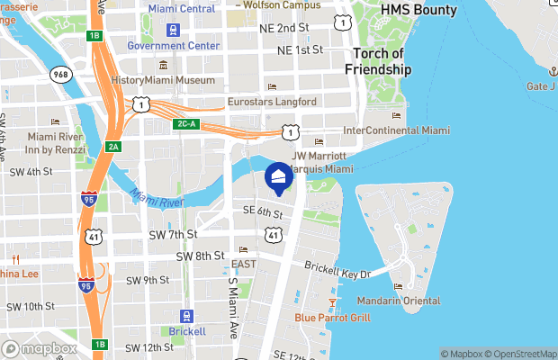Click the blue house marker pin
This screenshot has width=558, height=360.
(x=279, y=179)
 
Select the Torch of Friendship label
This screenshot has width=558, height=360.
(x=378, y=60)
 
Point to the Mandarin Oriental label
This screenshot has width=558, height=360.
(x=397, y=301)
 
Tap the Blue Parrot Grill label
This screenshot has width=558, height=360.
(x=332, y=318)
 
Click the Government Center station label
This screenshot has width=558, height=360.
(x=174, y=46)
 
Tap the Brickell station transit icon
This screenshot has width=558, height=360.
(x=186, y=317)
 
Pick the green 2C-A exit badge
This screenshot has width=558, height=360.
(x=186, y=123)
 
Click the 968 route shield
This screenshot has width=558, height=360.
(x=61, y=75)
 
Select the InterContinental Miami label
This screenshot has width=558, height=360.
(x=397, y=130)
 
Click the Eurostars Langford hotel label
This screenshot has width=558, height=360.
(x=272, y=103)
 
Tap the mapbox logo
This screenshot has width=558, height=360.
(x=40, y=348)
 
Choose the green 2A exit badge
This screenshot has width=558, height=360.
(x=112, y=147)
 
